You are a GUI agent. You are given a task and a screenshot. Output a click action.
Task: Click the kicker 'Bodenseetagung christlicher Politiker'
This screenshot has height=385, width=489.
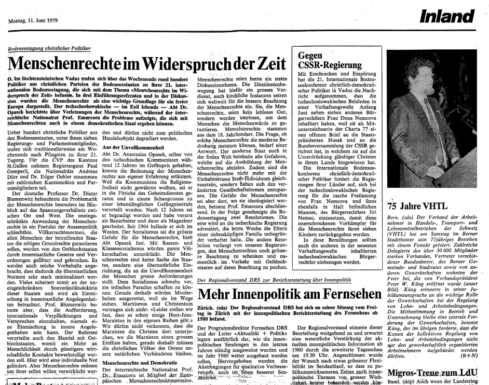point(49,48)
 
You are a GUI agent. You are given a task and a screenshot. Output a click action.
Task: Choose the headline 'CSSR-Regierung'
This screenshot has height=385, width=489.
point(327,65)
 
